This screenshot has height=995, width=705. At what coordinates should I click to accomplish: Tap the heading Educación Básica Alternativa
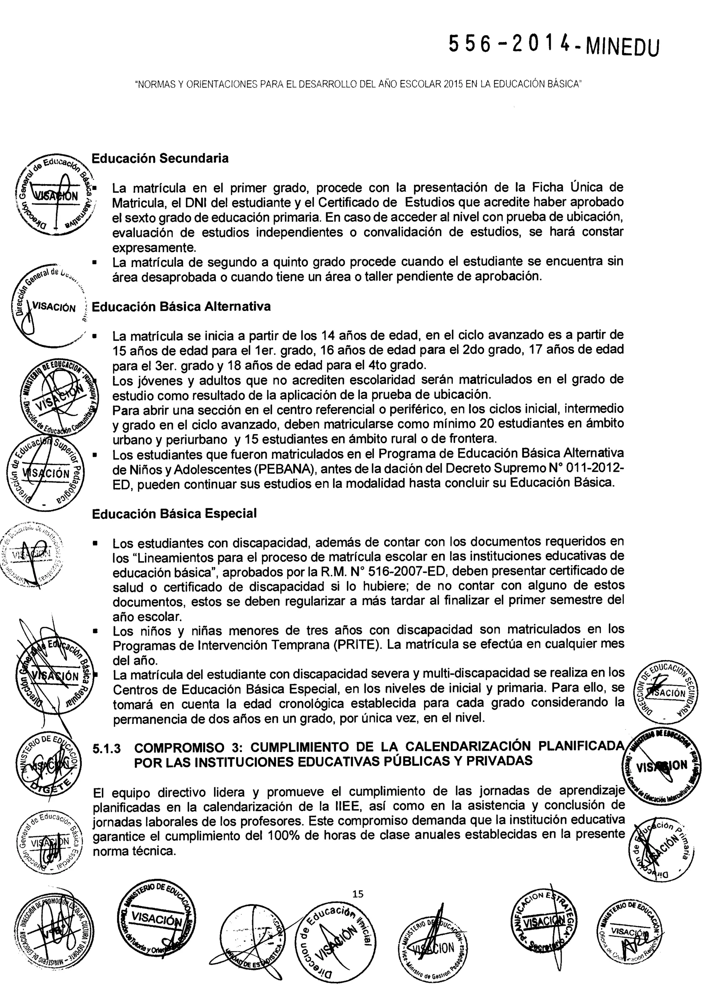tap(181, 307)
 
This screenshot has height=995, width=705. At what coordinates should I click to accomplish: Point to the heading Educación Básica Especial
tap(175, 514)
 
